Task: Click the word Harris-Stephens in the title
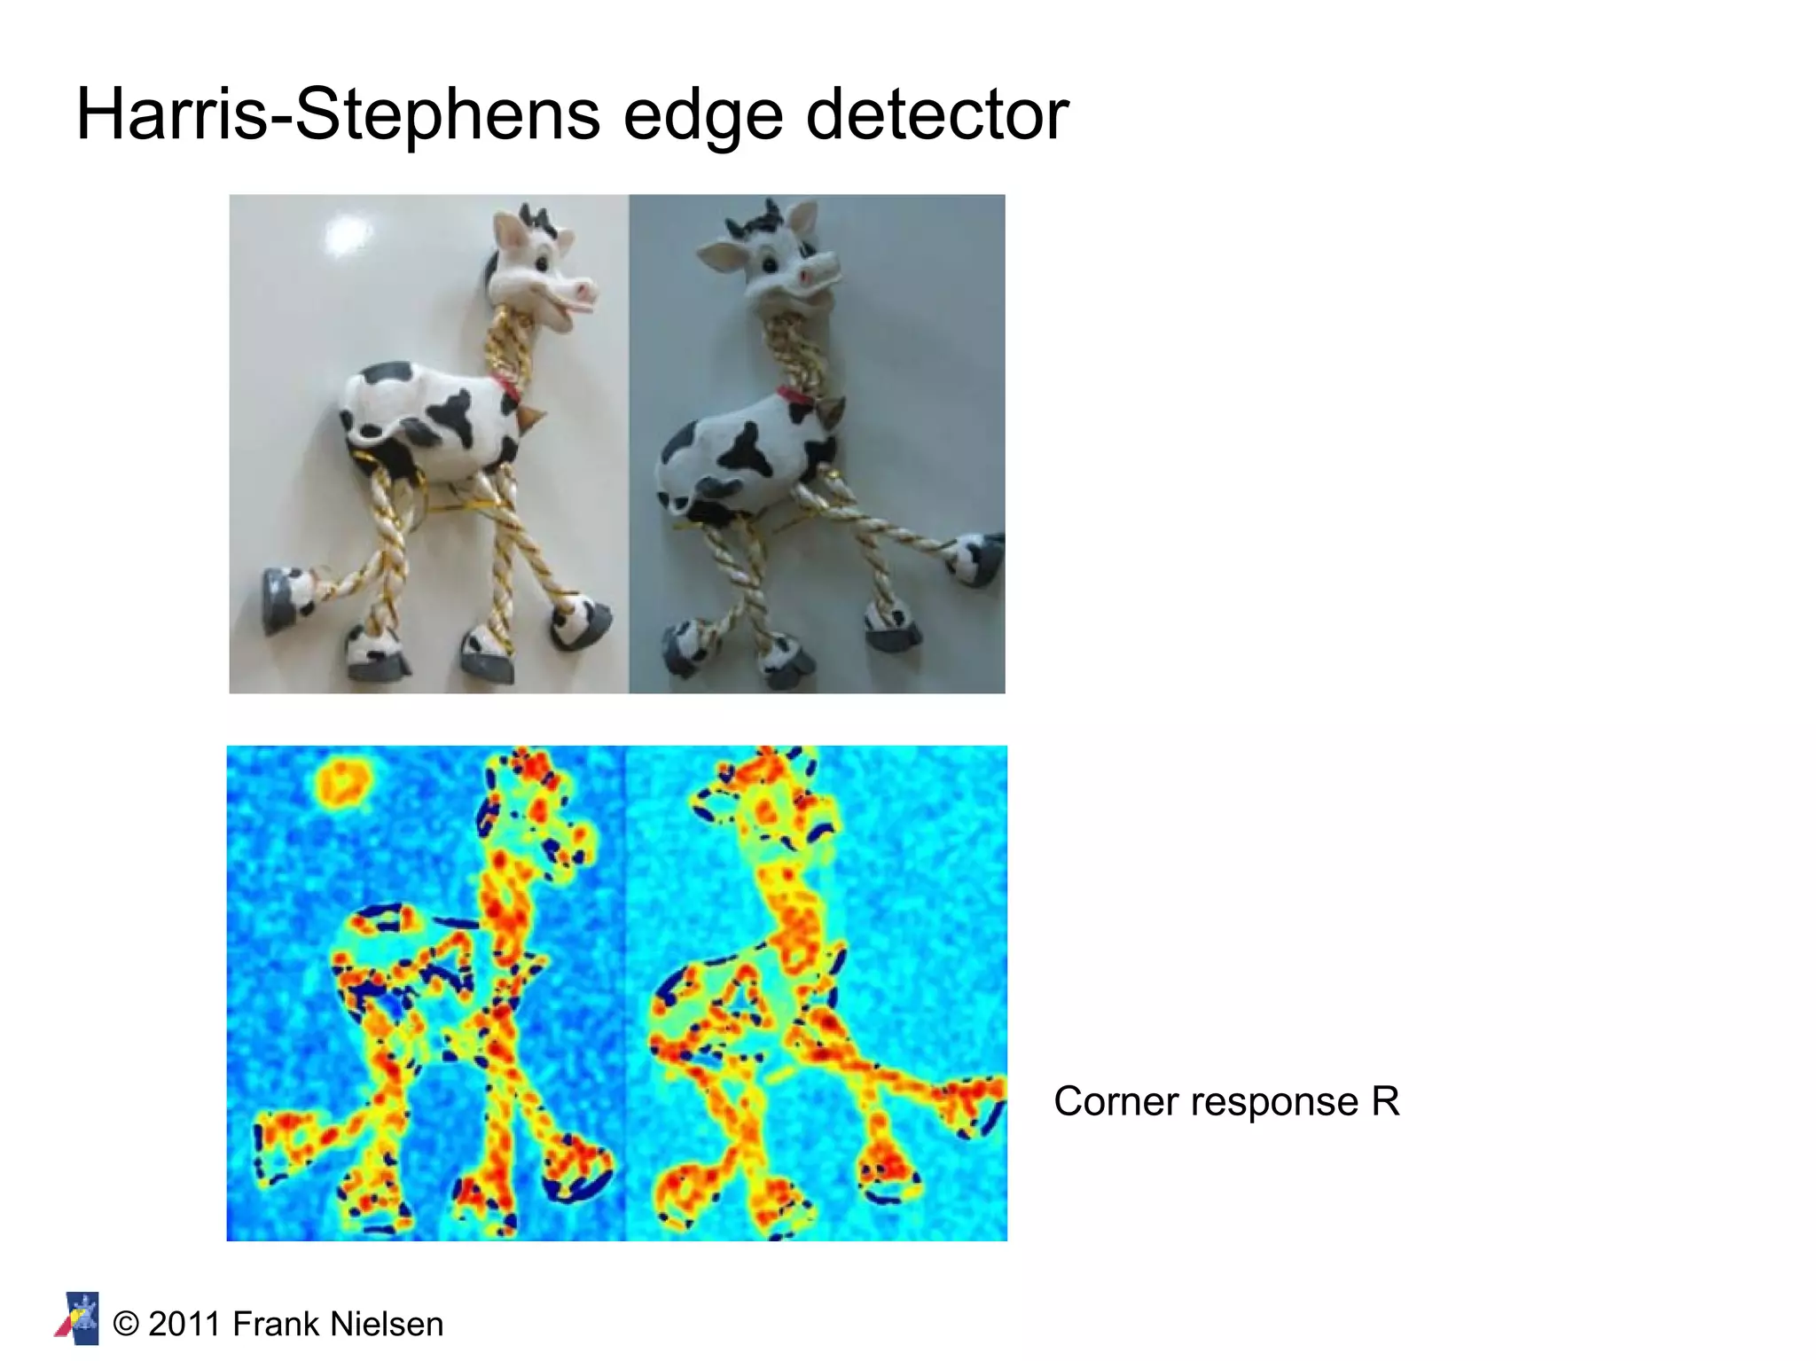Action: pos(338,115)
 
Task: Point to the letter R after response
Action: pos(1385,1102)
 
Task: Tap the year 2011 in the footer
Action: pos(184,1324)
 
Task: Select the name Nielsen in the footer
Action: pos(387,1324)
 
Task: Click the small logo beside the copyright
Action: pos(78,1318)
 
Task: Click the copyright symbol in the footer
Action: pos(127,1325)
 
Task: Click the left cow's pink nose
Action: pos(584,288)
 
